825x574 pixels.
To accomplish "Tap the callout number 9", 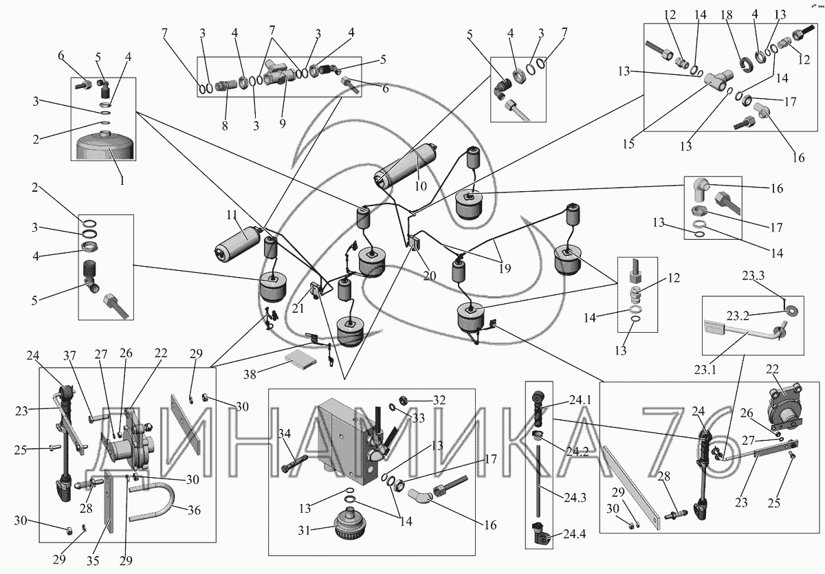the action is pyautogui.click(x=283, y=123).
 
